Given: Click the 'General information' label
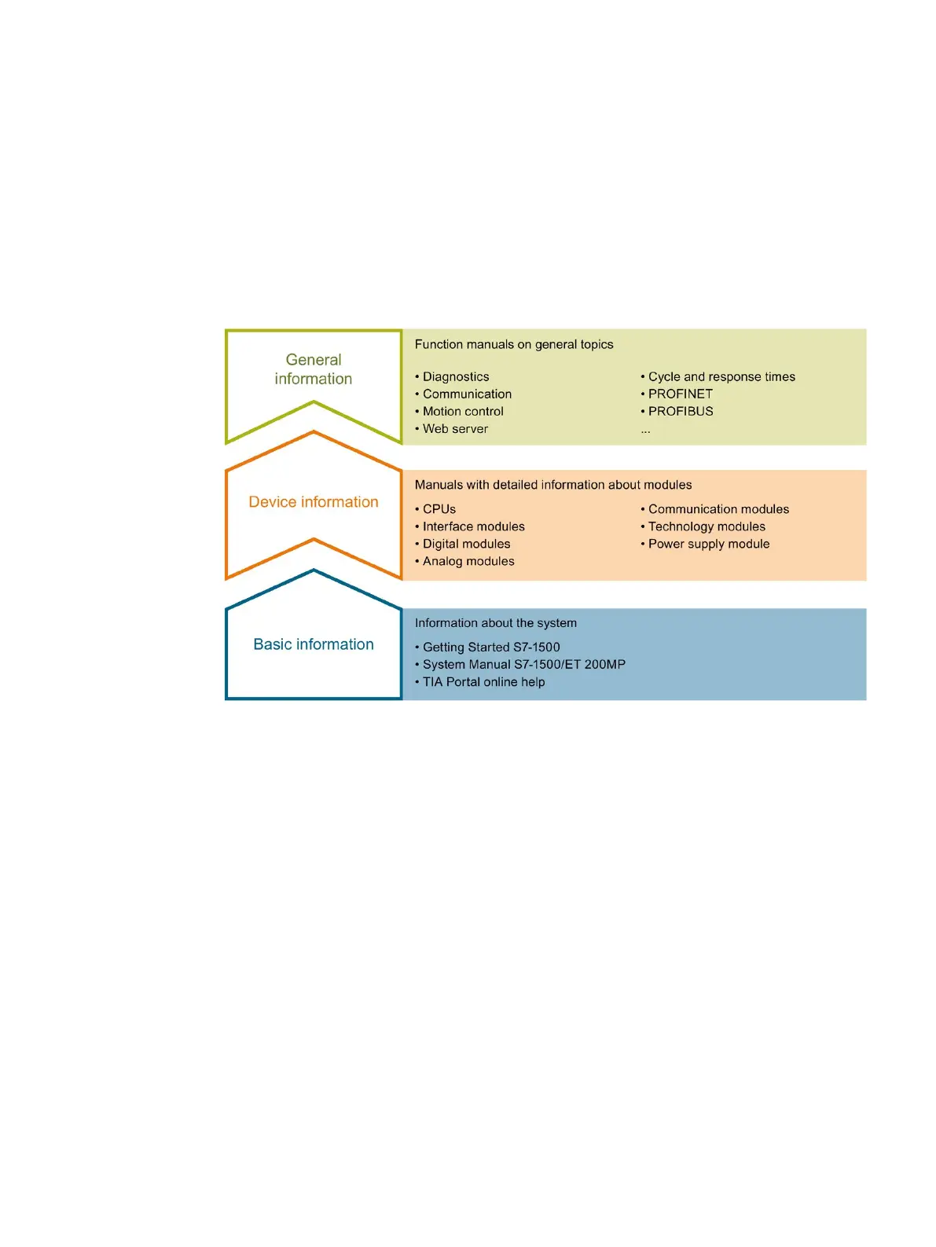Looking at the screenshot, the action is pos(313,369).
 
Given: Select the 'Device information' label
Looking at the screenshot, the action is pos(313,502).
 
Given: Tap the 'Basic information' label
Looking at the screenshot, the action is pos(313,644).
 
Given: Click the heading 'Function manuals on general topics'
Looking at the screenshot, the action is pos(514,344).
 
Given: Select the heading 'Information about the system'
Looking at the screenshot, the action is pos(496,623).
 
